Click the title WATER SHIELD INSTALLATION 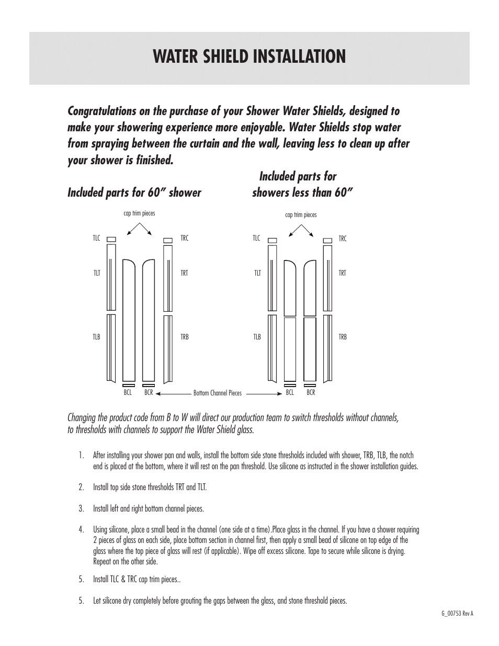(249, 56)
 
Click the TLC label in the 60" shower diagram (96, 239)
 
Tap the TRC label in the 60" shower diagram (184, 239)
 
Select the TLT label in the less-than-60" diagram (257, 273)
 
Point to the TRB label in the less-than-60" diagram (343, 337)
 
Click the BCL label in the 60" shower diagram (128, 392)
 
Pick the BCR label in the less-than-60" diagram (311, 392)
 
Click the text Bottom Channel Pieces (218, 393)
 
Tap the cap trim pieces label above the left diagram (139, 213)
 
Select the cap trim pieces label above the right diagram (301, 215)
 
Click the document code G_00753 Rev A (457, 614)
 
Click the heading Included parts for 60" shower (134, 192)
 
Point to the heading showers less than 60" (302, 192)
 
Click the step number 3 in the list (81, 508)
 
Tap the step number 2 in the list (81, 487)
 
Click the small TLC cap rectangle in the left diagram (111, 240)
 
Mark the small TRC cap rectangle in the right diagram (327, 240)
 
